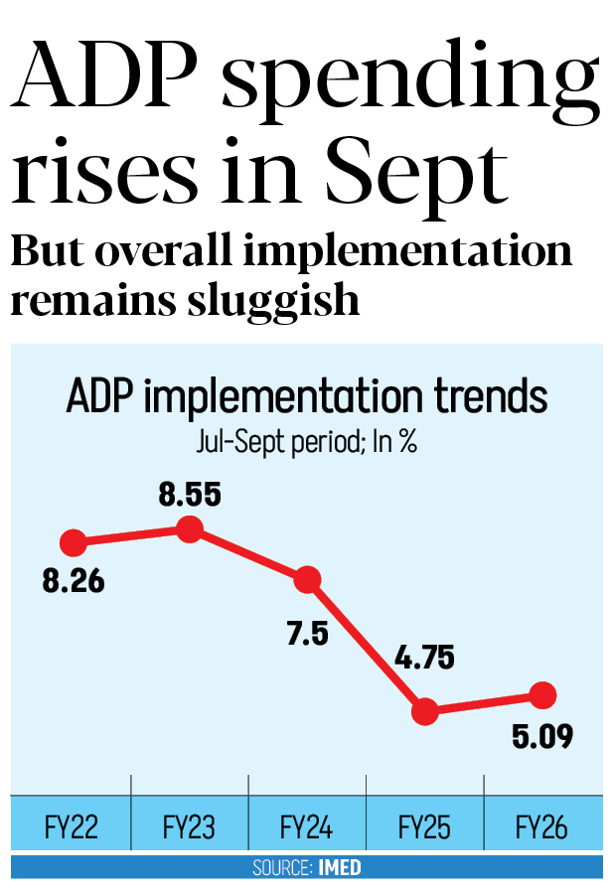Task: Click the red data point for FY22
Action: pyautogui.click(x=73, y=543)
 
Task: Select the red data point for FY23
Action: pyautogui.click(x=190, y=529)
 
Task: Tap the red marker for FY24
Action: pyautogui.click(x=307, y=579)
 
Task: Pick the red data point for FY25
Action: pyautogui.click(x=425, y=711)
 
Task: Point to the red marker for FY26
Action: pyautogui.click(x=542, y=694)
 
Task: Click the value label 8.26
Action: pyautogui.click(x=73, y=580)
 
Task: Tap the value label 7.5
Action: pyautogui.click(x=307, y=634)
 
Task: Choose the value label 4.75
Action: pyautogui.click(x=425, y=660)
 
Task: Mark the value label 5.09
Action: pyautogui.click(x=541, y=738)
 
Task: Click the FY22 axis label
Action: pyautogui.click(x=72, y=826)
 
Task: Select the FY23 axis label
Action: pyautogui.click(x=189, y=826)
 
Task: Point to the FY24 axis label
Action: pyautogui.click(x=307, y=826)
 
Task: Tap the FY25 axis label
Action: pyautogui.click(x=424, y=826)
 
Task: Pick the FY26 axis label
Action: pyautogui.click(x=542, y=826)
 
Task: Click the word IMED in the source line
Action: pyautogui.click(x=340, y=868)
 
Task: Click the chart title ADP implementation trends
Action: pyautogui.click(x=307, y=397)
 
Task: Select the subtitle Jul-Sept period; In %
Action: pyautogui.click(x=307, y=442)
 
